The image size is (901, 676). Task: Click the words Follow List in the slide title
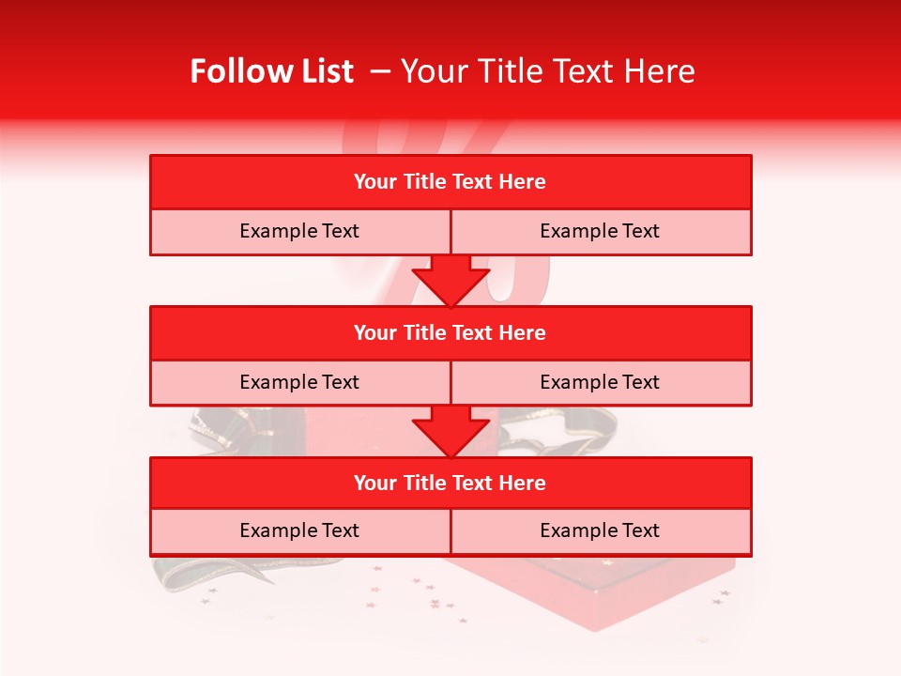[x=271, y=71]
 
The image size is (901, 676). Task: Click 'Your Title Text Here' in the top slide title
[x=547, y=71]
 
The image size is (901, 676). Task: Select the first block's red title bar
[x=450, y=182]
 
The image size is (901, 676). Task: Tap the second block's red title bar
[x=450, y=332]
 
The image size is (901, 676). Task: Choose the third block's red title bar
[x=450, y=483]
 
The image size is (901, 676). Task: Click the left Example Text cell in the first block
[x=299, y=231]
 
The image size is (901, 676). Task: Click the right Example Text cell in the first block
[x=600, y=231]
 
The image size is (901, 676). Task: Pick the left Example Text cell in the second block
[x=299, y=382]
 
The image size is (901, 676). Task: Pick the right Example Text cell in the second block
[x=600, y=382]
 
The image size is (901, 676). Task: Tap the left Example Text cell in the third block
[x=299, y=530]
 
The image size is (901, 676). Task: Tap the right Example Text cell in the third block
[x=600, y=530]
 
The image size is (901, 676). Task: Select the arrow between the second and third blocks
[x=450, y=431]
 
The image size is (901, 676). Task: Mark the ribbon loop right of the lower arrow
[x=535, y=432]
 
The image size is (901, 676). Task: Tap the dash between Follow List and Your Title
[x=381, y=71]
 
